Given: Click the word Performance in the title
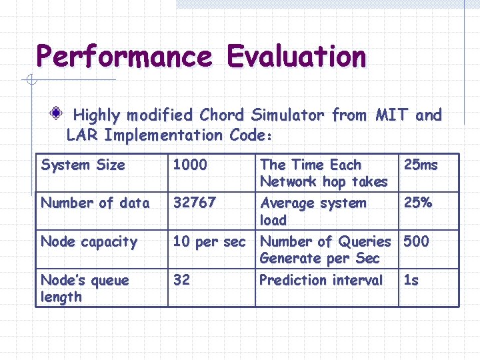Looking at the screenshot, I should pyautogui.click(x=124, y=56).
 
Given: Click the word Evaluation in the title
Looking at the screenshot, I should pyautogui.click(x=296, y=56).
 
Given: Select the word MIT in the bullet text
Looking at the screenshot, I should pyautogui.click(x=390, y=115).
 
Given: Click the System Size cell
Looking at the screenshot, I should pyautogui.click(x=83, y=165).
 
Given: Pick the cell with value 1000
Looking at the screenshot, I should pyautogui.click(x=190, y=165).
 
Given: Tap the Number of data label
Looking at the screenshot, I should pyautogui.click(x=95, y=203).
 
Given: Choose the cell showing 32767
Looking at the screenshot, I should pyautogui.click(x=195, y=203).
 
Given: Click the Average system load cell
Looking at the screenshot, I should pyautogui.click(x=313, y=211).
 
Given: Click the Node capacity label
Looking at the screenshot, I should pyautogui.click(x=89, y=241).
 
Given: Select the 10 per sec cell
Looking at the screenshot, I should pyautogui.click(x=209, y=241).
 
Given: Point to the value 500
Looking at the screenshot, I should pyautogui.click(x=416, y=241).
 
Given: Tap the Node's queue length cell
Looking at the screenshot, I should pyautogui.click(x=85, y=288).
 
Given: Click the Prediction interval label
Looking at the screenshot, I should pyautogui.click(x=321, y=280).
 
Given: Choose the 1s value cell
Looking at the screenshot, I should pyautogui.click(x=411, y=280).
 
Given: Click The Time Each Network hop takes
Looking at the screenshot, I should pyautogui.click(x=323, y=173).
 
